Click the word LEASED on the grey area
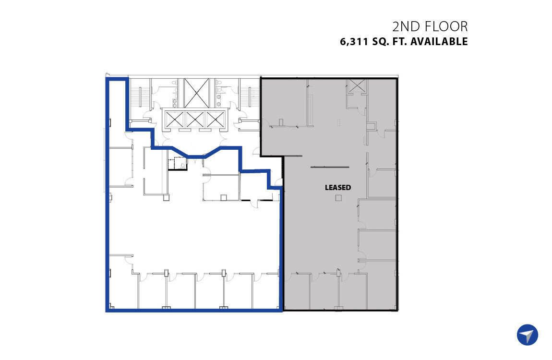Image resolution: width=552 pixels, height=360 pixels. point(337,188)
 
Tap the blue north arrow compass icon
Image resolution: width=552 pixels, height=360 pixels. point(528,335)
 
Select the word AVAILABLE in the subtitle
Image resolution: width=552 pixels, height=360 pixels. point(439,42)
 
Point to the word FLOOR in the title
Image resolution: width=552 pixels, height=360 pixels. point(446,27)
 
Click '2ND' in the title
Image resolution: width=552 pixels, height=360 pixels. point(407,27)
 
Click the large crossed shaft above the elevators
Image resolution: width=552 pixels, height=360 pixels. point(197,93)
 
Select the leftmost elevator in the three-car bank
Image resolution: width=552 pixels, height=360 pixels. point(174,120)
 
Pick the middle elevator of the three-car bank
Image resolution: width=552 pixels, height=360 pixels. point(195,120)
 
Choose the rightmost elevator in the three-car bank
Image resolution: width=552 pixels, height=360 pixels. point(215,120)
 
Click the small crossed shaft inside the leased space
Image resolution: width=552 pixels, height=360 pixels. point(357,86)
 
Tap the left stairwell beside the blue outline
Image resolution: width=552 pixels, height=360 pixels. point(139,97)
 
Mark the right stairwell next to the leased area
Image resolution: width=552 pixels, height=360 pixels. point(250,97)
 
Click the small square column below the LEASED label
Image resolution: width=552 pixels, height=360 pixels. point(338,198)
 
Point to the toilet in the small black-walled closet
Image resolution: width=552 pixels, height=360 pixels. point(183,164)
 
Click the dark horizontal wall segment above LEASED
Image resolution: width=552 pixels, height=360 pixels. point(329,167)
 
